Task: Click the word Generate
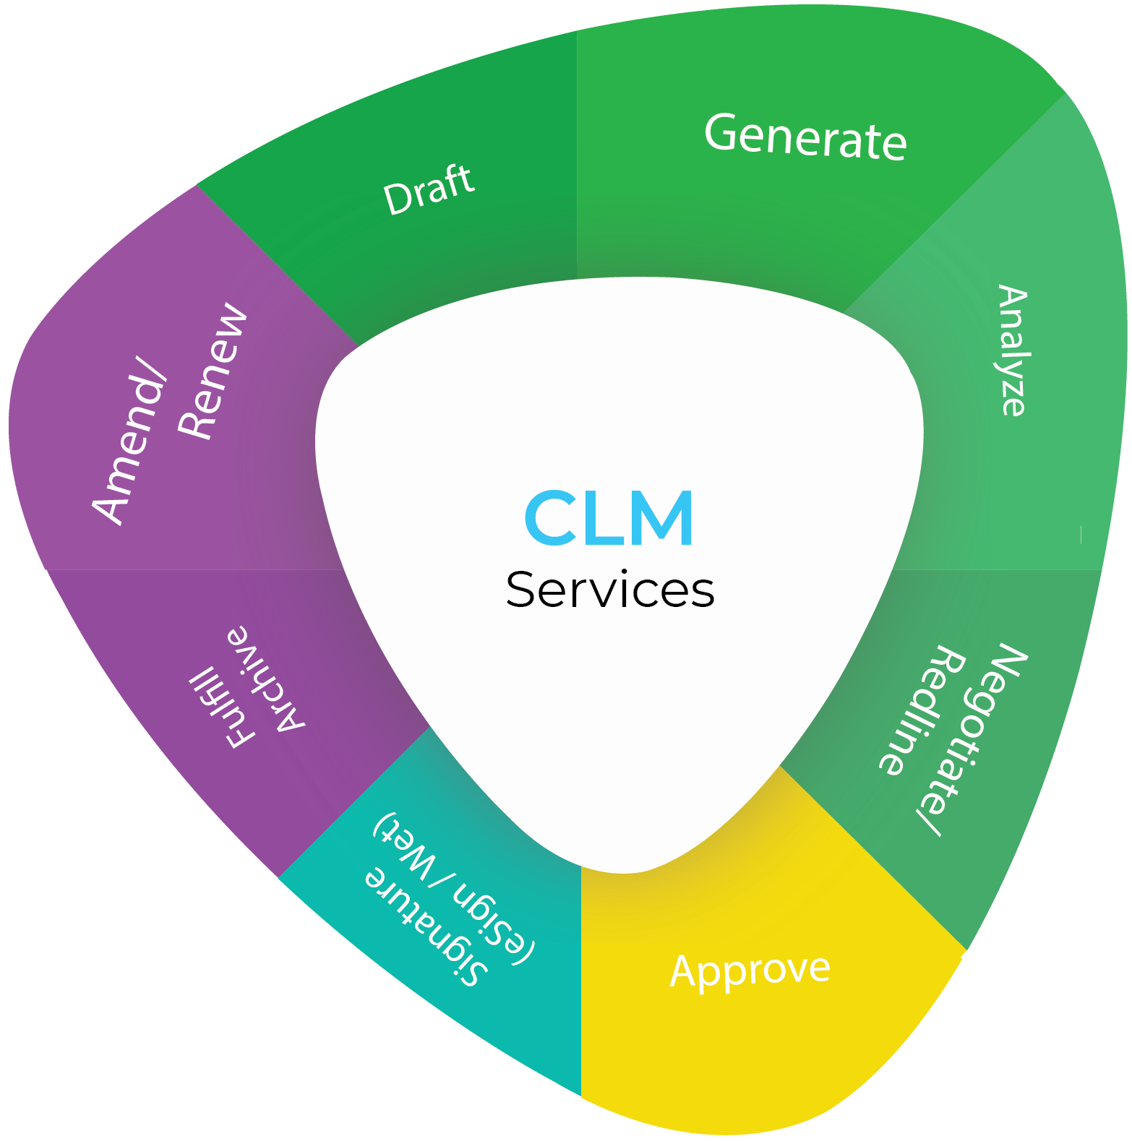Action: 805,137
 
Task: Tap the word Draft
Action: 429,189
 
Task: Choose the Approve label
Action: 750,970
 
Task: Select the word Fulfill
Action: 221,707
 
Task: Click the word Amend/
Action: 131,448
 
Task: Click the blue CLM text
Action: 609,518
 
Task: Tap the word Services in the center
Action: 610,590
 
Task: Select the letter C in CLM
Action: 549,518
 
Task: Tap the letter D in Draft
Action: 396,199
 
